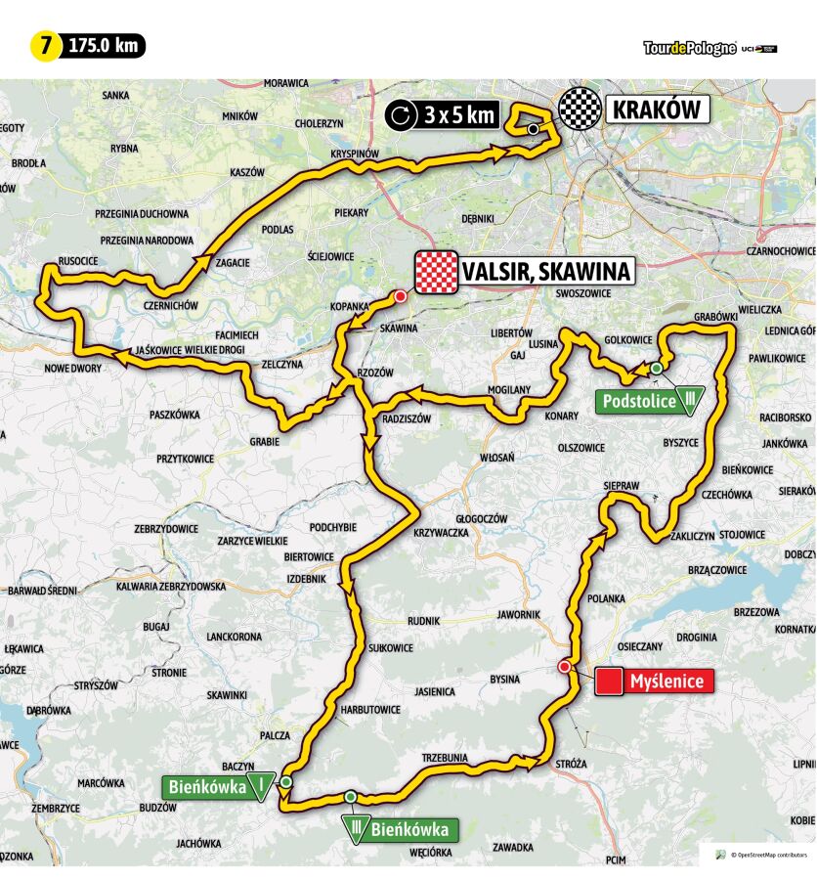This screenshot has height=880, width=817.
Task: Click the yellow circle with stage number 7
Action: click(45, 46)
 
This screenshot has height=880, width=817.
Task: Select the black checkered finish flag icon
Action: click(580, 110)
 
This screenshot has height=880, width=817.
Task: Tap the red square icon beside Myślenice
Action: click(610, 682)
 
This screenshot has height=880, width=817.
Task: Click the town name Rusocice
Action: click(77, 262)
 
